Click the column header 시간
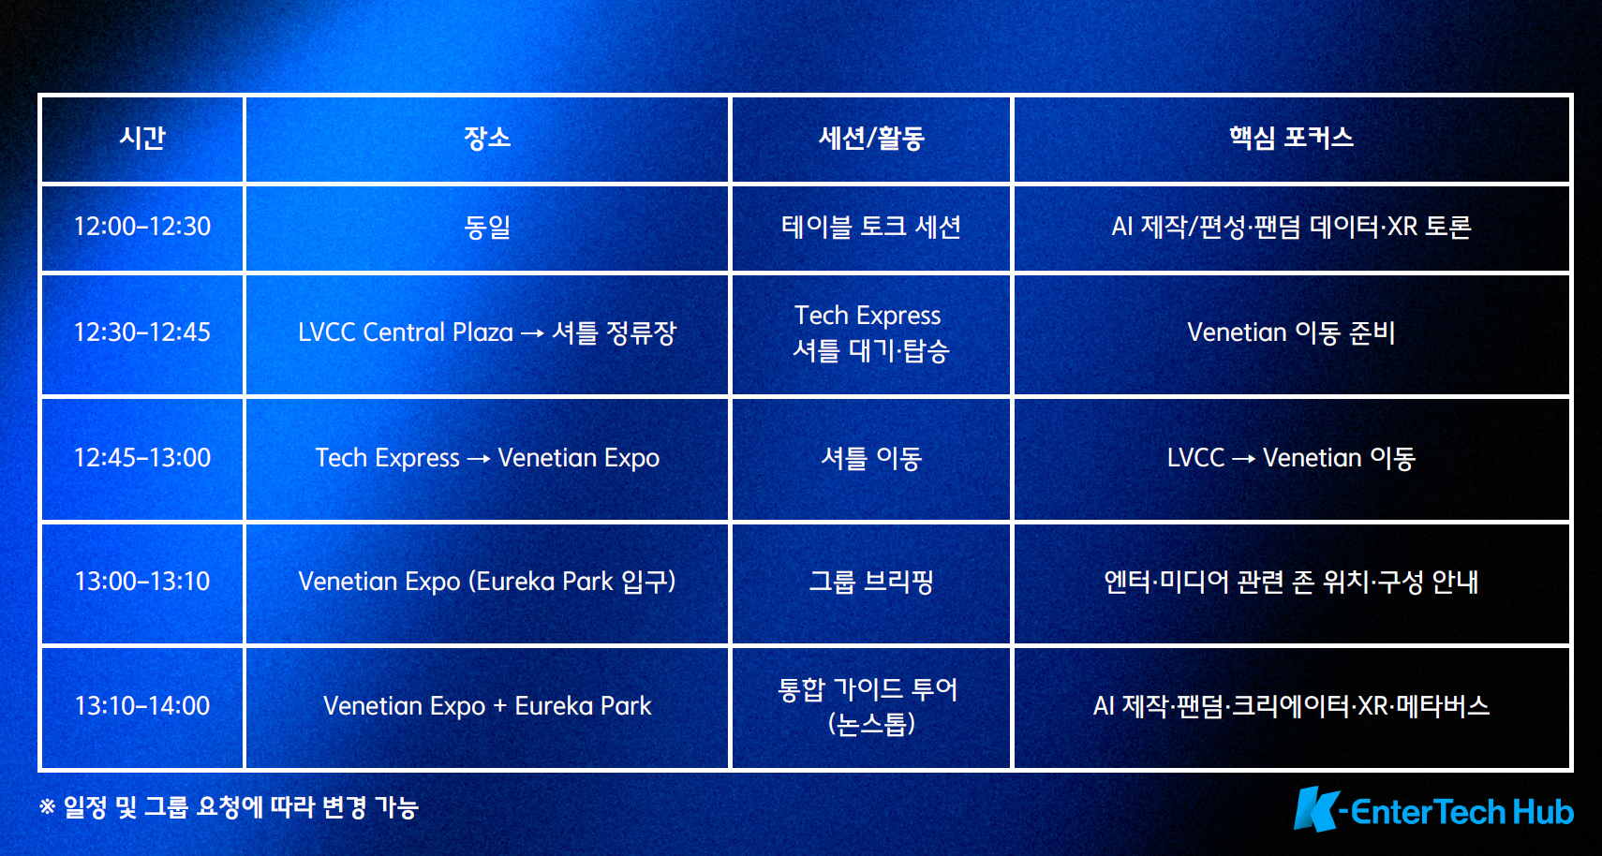(142, 138)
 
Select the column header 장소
(487, 138)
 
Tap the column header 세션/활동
(871, 138)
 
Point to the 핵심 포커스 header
(1291, 138)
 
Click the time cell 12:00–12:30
(142, 227)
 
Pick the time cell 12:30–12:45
(142, 332)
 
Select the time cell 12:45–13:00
(142, 458)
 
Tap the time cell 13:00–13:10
(142, 582)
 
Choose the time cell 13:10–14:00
(142, 706)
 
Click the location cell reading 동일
(487, 227)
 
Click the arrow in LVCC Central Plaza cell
(532, 333)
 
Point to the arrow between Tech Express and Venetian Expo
(479, 458)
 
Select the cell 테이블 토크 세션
(871, 227)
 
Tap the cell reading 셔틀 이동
(871, 458)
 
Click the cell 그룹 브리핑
(871, 582)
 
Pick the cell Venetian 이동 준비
(1291, 332)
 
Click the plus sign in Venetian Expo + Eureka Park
(500, 706)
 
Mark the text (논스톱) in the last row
(871, 724)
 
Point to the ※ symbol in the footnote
(47, 807)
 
